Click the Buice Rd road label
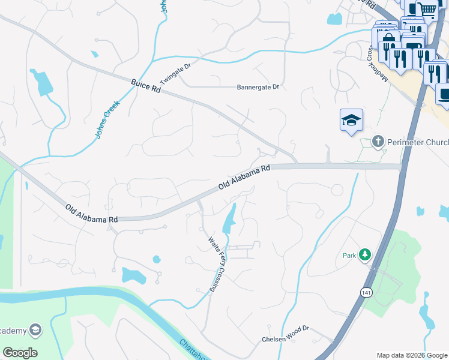tap(146, 85)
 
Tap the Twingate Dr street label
tap(175, 73)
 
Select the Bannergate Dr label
tap(258, 87)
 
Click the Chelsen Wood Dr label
tap(285, 338)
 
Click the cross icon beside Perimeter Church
tap(378, 142)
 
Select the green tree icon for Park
tap(364, 254)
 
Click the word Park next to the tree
tap(350, 255)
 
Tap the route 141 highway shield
tap(366, 292)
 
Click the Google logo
tap(20, 352)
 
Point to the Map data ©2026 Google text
tap(412, 355)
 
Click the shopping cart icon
tap(428, 9)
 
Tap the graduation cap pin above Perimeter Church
tap(351, 120)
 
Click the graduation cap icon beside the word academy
tap(35, 330)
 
